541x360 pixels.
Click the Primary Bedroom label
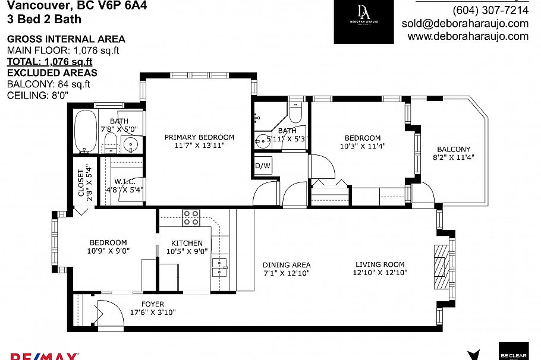point(199,137)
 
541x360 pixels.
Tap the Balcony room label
point(454,149)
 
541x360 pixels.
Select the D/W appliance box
point(263,166)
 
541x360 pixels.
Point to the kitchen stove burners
point(191,218)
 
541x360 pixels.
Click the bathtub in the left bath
point(86,132)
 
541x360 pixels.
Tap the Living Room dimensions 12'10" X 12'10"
point(380,273)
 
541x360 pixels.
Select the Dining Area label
point(287,265)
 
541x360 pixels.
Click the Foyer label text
point(153,304)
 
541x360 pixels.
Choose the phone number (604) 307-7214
point(490,11)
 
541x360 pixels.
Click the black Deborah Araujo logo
point(363,21)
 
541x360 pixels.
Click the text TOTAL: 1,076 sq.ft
point(49,61)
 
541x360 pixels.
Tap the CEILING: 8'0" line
point(37,95)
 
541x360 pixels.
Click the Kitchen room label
point(187,243)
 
